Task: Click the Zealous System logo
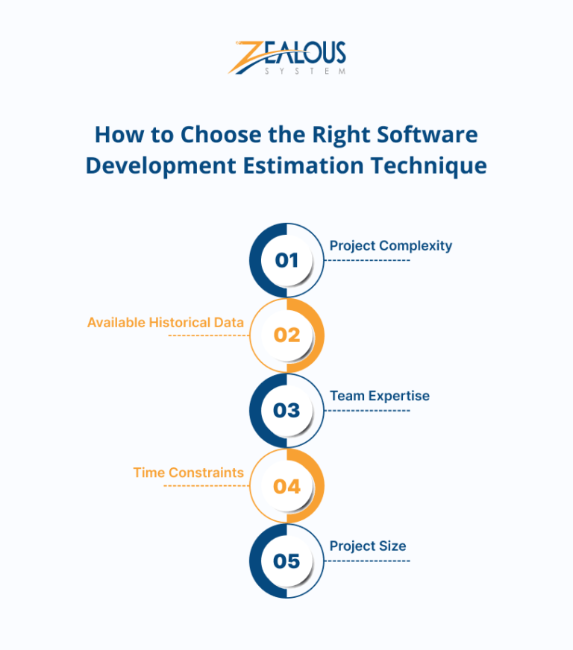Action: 287,57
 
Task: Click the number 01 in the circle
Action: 286,260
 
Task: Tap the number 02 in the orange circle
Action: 286,335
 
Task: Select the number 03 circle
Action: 286,411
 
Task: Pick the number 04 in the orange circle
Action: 286,487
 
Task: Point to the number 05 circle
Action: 286,561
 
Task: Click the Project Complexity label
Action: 390,245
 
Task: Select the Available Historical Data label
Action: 166,323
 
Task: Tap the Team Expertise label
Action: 379,396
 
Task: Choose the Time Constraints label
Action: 188,473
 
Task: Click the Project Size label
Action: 368,546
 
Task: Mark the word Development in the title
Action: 159,165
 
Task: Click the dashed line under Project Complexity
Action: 369,260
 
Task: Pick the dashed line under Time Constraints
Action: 206,486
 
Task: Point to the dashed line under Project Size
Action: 369,561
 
